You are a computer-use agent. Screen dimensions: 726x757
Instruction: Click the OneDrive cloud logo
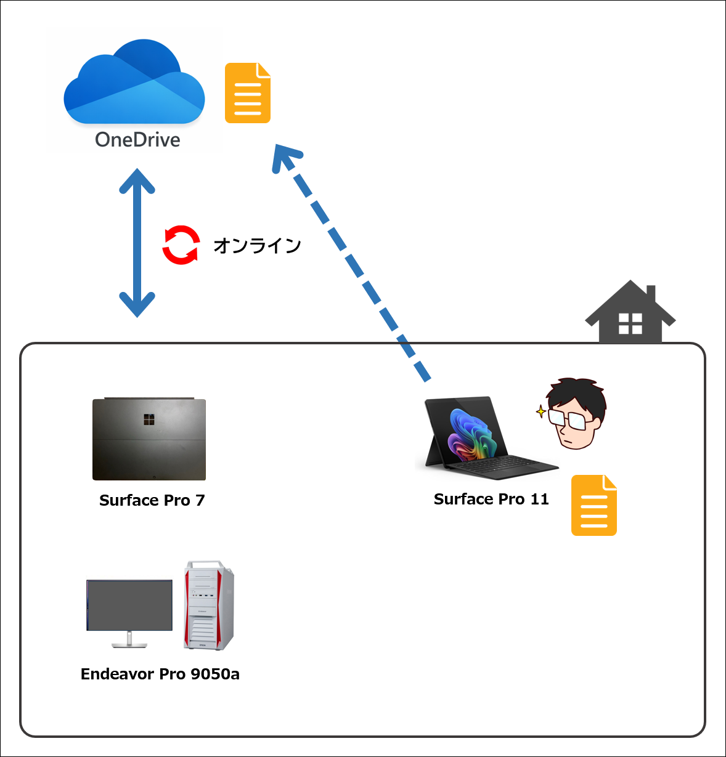[134, 82]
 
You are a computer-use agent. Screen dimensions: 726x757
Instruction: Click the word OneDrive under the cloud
[137, 140]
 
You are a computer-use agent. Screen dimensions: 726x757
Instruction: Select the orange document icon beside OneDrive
[248, 93]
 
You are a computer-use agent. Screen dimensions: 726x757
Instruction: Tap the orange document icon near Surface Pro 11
[593, 505]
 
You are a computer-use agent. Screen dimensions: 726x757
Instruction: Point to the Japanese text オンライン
[258, 246]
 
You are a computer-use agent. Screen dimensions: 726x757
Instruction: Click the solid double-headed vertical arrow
[137, 243]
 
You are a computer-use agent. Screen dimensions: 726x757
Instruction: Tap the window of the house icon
[630, 323]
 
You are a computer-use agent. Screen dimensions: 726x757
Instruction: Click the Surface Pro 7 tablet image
[149, 439]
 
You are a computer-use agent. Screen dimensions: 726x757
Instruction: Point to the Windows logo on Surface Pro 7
[149, 419]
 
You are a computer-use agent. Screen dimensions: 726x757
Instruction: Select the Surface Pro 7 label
[152, 500]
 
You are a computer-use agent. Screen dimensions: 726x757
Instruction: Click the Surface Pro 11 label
[491, 499]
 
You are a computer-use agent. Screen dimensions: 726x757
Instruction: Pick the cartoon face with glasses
[574, 413]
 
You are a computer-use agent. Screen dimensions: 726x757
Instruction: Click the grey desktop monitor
[129, 613]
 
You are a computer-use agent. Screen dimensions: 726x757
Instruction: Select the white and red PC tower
[209, 605]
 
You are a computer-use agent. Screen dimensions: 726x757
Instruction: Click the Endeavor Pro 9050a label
[160, 674]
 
